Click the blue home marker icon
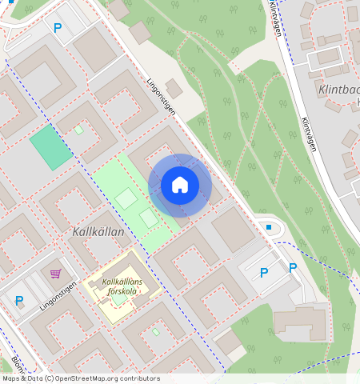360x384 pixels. tap(180, 186)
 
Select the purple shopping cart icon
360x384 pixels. tap(55, 274)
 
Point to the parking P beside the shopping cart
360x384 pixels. tap(19, 301)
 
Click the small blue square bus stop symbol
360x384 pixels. tap(269, 228)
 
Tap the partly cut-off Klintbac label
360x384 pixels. tap(338, 90)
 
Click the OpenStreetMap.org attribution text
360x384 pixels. tap(86, 378)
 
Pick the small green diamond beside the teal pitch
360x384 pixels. tap(79, 129)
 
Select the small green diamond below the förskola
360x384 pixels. tap(156, 331)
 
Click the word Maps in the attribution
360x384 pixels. tap(11, 378)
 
